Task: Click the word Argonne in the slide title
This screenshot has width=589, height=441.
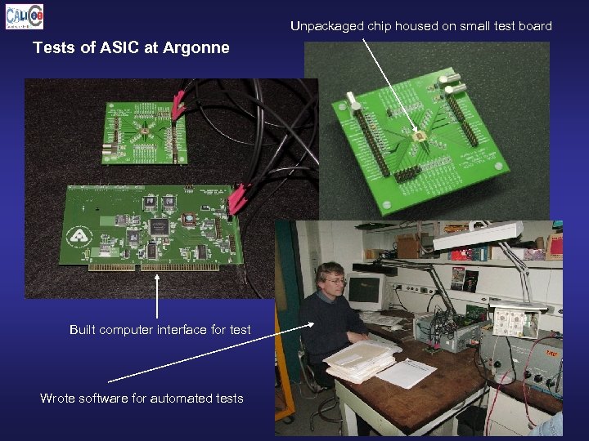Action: [196, 48]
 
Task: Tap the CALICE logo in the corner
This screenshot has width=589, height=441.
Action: [23, 16]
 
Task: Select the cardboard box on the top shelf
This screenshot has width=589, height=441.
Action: [407, 246]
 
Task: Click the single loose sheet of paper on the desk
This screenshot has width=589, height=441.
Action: [407, 373]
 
